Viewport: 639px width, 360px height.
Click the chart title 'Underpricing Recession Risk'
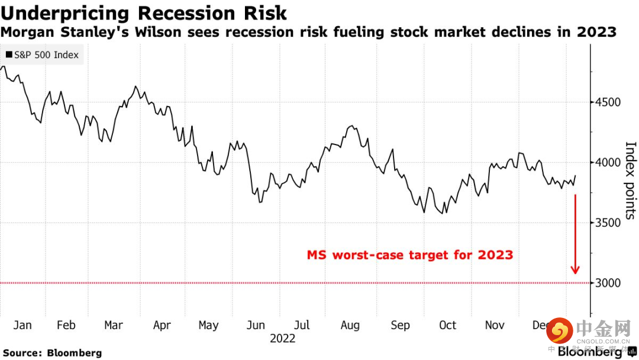click(x=144, y=13)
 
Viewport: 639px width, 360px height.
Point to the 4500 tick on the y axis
click(x=608, y=102)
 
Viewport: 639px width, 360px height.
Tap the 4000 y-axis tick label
click(x=608, y=163)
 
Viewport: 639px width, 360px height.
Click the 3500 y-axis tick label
click(x=608, y=223)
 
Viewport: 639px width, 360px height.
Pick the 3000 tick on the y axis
click(x=608, y=283)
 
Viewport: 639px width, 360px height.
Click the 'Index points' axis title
click(x=630, y=180)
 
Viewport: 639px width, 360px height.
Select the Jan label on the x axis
click(x=22, y=325)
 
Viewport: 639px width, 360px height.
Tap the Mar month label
click(x=114, y=325)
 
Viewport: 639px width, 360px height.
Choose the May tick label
click(x=208, y=325)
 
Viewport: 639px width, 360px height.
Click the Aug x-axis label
click(x=350, y=325)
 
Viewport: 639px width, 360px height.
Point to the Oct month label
click(x=448, y=325)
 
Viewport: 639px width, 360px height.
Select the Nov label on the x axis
click(x=495, y=325)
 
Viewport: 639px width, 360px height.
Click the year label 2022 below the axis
click(x=282, y=339)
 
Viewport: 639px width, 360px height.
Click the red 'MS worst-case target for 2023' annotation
click(x=409, y=255)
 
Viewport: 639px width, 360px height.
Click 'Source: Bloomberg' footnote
click(x=53, y=353)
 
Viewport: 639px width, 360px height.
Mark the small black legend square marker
click(x=9, y=55)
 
